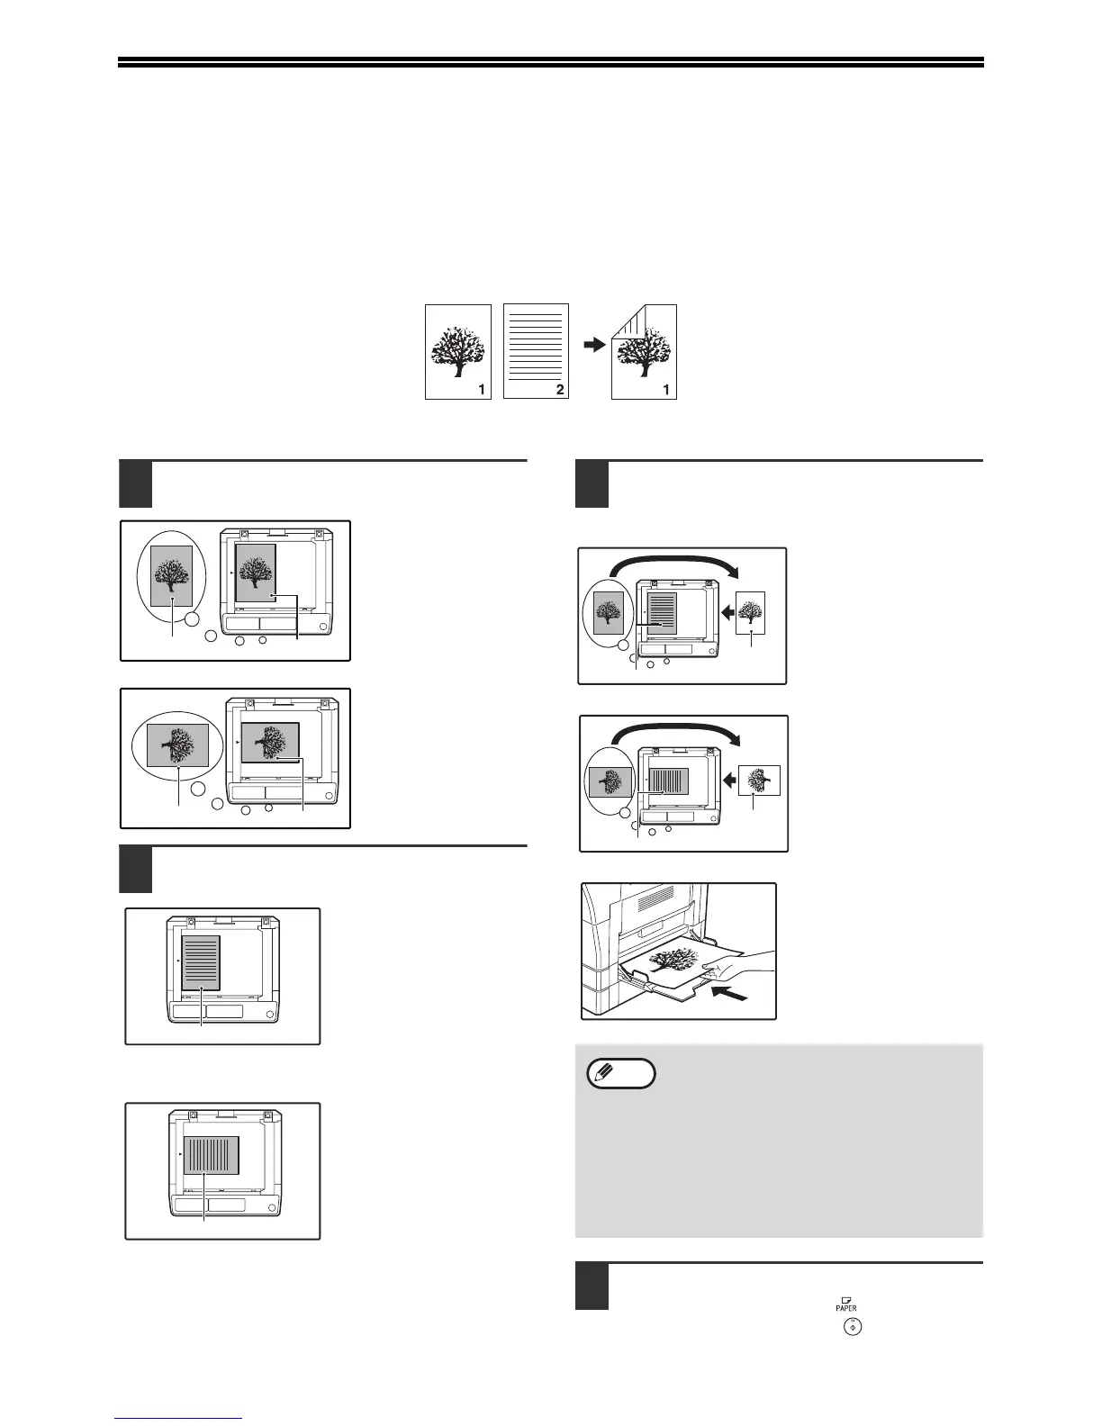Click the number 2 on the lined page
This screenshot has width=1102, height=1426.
tap(560, 390)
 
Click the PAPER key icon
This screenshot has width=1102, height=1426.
tap(846, 1303)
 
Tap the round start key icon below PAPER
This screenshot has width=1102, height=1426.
tap(847, 1326)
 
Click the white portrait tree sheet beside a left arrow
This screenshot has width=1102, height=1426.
tap(751, 614)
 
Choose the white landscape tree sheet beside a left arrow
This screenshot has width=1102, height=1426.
tap(759, 781)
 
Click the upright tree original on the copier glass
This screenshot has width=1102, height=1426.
tap(255, 573)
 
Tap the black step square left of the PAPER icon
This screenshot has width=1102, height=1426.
tap(591, 1288)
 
